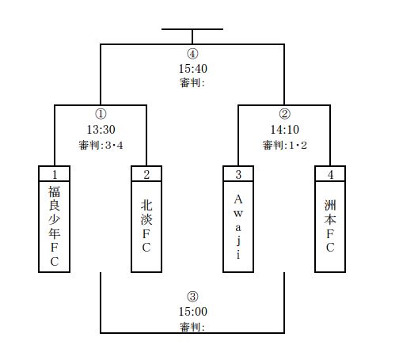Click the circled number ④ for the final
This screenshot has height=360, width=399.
[x=192, y=54]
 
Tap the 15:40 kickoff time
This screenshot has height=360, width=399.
[x=193, y=69]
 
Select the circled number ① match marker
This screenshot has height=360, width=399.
[x=101, y=114]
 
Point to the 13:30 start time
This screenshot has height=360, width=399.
[x=101, y=130]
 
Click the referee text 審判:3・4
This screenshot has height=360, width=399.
[x=101, y=145]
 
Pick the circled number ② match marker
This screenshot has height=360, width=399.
[x=284, y=114]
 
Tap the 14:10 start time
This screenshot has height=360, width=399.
[x=285, y=130]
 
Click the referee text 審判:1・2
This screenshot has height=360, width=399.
[x=285, y=145]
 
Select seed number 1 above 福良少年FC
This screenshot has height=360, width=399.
[x=55, y=174]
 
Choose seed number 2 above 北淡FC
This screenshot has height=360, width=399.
[x=146, y=174]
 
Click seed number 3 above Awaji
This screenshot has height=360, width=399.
[x=238, y=174]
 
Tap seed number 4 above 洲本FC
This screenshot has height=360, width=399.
[x=330, y=174]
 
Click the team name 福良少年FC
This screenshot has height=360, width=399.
[x=55, y=226]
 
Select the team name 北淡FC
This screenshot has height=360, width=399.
[x=146, y=226]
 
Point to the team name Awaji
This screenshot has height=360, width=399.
[x=238, y=226]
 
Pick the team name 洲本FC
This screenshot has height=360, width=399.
[x=330, y=226]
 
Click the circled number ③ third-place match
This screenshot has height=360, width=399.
[x=192, y=297]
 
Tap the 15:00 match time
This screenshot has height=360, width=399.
[x=193, y=312]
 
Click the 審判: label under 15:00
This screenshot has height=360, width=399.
[x=192, y=327]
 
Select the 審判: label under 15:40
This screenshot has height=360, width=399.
[x=192, y=82]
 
